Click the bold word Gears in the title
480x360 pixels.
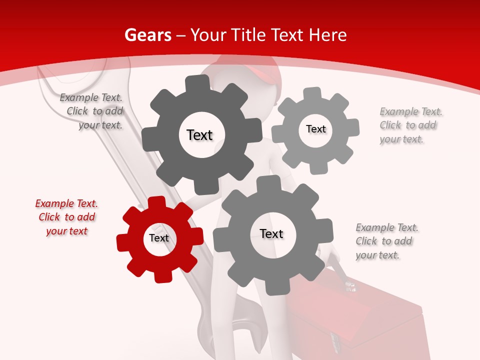(147, 35)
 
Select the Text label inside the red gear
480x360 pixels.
(159, 238)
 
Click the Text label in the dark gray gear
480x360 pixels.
(199, 135)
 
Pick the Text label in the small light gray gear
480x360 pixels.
(315, 129)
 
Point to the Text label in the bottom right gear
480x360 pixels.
(271, 233)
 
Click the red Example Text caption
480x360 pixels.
(66, 217)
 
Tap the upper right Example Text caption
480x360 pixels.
(410, 125)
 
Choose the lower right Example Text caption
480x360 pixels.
(386, 241)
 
